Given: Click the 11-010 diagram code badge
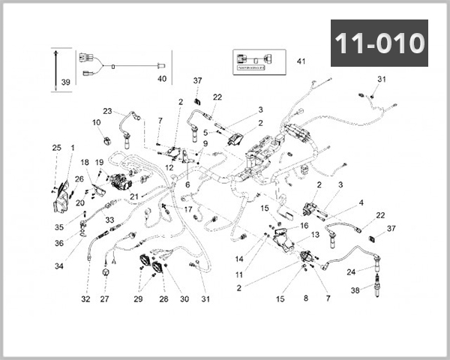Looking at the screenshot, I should tap(379, 43).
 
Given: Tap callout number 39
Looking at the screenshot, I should tap(64, 82).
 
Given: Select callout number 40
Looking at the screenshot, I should tap(161, 78).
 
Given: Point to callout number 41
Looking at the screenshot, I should tap(301, 61).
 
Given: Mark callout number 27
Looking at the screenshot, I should tap(104, 299).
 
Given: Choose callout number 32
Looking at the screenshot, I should tap(85, 299).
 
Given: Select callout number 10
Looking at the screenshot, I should tap(96, 122).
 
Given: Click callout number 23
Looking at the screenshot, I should tap(107, 111).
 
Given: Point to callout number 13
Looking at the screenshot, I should tap(315, 235).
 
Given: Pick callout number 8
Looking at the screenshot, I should tap(306, 298).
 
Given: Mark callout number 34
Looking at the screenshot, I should tap(58, 265).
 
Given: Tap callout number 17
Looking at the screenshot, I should tap(188, 209).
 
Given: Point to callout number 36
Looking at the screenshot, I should tap(59, 242).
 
